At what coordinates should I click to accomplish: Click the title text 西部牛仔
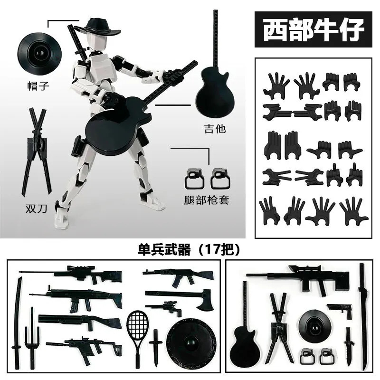tap(313, 29)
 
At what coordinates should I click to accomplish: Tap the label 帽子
tap(38, 86)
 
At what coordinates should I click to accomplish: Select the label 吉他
tap(215, 128)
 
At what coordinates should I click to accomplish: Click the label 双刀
tap(37, 209)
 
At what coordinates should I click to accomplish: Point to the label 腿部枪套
tap(206, 200)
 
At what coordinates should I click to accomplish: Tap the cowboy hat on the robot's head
tap(100, 27)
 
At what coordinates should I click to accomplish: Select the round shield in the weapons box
tap(191, 343)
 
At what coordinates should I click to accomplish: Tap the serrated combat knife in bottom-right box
tap(349, 347)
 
